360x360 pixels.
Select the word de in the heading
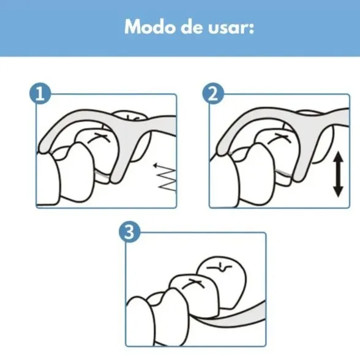coord(192,27)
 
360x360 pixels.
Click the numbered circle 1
coord(40,93)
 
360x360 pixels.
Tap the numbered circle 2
coord(213,93)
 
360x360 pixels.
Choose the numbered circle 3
coord(130,231)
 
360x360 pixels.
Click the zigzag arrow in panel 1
coord(165,177)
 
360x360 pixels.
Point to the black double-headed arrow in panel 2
coord(338,174)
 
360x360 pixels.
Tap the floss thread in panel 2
coord(284,173)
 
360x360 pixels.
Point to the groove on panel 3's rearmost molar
coord(220,267)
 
